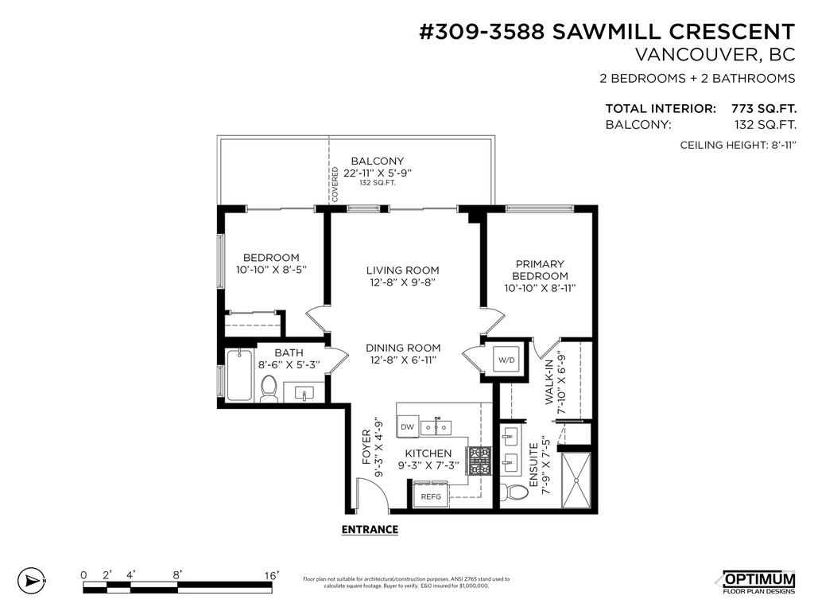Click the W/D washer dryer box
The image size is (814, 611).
point(506,360)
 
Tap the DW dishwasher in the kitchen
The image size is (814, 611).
point(408,427)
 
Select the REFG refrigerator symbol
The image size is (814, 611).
point(430,496)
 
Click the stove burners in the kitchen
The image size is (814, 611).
point(479,461)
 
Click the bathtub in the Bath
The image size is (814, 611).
point(239,376)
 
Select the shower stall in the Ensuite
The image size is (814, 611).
point(576,479)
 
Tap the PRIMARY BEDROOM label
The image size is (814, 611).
point(540,270)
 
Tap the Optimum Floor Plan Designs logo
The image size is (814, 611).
point(758,582)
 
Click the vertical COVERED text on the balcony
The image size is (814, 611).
point(335,185)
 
